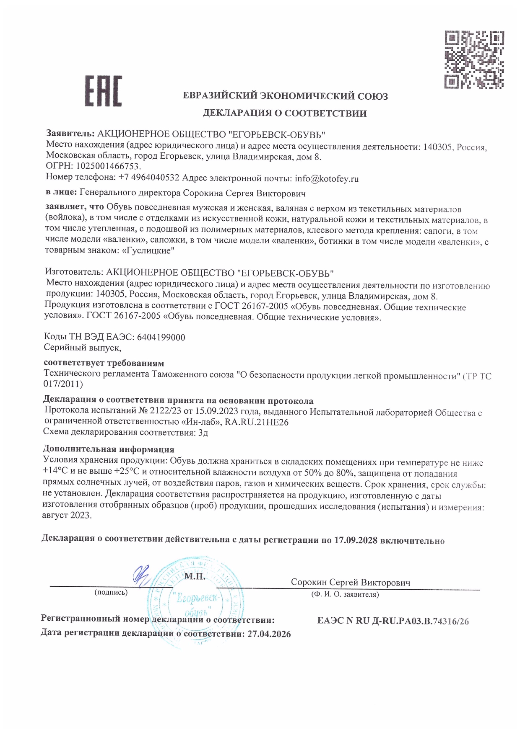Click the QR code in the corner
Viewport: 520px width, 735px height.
point(474,59)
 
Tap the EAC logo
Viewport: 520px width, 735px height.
point(103,91)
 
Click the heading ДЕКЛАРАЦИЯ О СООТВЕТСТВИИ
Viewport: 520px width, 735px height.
point(284,113)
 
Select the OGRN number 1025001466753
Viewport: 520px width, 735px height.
point(107,167)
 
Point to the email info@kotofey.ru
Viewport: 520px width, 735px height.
point(327,178)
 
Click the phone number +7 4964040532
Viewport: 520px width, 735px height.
point(149,178)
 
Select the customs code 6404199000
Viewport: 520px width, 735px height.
point(161,337)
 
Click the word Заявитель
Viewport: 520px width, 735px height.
point(70,134)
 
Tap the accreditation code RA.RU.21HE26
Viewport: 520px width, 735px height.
point(257,422)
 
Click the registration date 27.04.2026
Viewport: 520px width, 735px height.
point(269,634)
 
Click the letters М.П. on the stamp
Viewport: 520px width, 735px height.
point(195,577)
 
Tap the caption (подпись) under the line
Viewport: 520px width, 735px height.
point(111,592)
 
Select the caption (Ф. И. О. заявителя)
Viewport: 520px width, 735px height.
point(345,594)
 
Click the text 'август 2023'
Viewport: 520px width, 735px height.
point(66,516)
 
